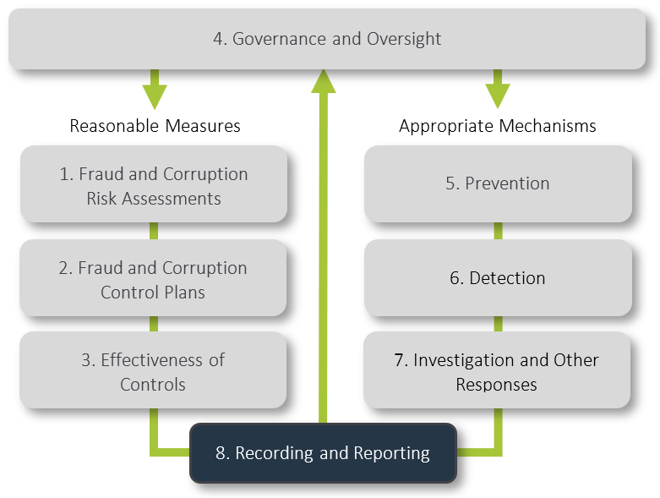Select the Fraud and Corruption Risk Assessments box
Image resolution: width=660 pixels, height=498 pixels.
[x=154, y=186]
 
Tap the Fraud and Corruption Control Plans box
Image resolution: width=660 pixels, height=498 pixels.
[x=153, y=280]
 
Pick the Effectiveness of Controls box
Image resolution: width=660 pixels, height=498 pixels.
[x=153, y=371]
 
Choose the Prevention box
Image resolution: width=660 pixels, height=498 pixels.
[x=498, y=183]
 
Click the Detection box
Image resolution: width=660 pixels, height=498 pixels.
[x=498, y=277]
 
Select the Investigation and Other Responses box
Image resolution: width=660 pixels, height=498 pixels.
[x=497, y=371]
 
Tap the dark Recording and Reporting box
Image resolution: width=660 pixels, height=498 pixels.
[x=323, y=453]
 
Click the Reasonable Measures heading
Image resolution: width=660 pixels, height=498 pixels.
[x=155, y=126]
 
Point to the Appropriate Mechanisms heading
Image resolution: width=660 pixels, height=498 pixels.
[x=498, y=126]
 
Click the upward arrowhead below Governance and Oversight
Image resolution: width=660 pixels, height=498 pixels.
[x=324, y=80]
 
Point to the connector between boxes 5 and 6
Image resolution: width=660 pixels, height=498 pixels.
[x=498, y=231]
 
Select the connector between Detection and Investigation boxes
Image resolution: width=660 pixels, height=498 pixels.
[x=498, y=324]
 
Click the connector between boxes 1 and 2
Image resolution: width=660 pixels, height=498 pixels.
[x=154, y=231]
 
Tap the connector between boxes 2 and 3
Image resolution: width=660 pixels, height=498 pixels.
[x=154, y=324]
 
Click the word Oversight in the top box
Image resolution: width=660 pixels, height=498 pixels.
[x=404, y=39]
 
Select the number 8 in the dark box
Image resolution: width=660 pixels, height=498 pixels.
[x=220, y=453]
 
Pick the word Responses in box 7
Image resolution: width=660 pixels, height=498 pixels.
[x=497, y=385]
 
